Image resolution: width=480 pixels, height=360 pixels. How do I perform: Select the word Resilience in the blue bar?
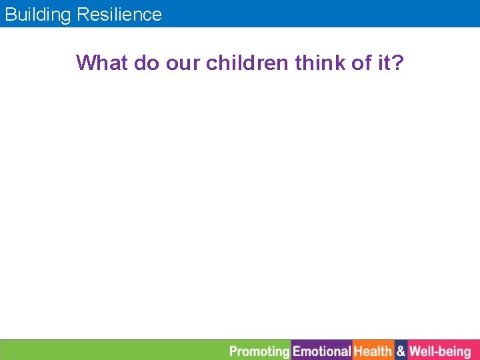[119, 15]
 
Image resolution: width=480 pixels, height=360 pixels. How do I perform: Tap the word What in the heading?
[102, 63]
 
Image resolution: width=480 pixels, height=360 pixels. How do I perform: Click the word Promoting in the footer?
[259, 351]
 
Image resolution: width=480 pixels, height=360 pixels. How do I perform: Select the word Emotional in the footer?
[322, 351]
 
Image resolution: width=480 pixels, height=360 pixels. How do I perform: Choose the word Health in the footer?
[373, 351]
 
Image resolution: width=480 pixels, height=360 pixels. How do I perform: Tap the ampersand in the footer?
[401, 351]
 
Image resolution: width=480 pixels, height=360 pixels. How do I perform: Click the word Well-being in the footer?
[440, 351]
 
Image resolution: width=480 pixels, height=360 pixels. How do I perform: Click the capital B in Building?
[10, 15]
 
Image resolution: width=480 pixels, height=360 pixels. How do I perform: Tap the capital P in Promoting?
[233, 351]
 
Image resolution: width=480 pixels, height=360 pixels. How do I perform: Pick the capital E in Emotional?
[297, 351]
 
